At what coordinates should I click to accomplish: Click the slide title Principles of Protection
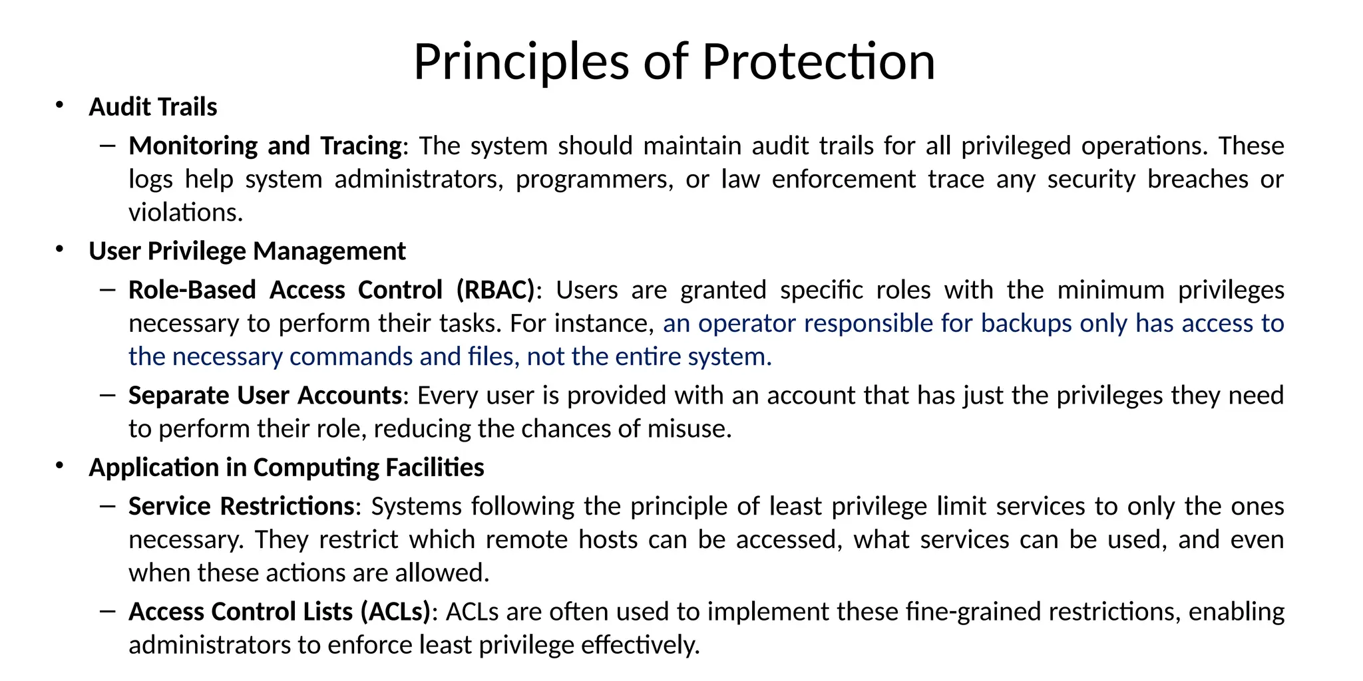674,61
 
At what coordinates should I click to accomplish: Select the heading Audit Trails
153,107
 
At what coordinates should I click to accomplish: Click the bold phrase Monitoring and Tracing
265,146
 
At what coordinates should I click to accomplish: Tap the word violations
185,213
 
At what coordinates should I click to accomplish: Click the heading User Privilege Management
247,251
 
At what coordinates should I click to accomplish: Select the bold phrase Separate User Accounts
265,396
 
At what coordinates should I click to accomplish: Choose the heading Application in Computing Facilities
286,468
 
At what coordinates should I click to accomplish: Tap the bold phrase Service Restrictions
241,507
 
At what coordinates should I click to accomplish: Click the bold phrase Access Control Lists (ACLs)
280,612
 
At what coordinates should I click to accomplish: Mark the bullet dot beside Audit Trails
59,105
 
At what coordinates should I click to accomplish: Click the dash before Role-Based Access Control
107,290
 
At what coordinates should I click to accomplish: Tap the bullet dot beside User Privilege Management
59,249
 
